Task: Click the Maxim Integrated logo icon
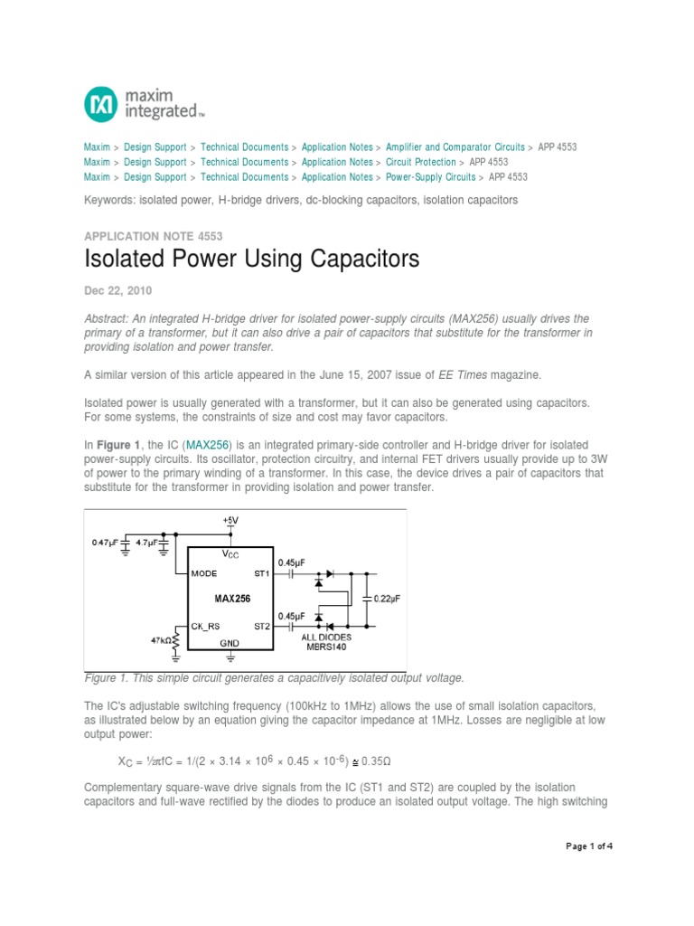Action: point(100,104)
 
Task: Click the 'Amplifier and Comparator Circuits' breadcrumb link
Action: point(455,146)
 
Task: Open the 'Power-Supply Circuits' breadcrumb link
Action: point(430,177)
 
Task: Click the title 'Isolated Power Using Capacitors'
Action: point(252,260)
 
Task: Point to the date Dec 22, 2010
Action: point(118,291)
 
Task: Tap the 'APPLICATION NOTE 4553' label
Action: point(153,236)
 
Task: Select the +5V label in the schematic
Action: point(231,521)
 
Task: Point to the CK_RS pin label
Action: point(206,625)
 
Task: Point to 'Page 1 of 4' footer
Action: point(589,846)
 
